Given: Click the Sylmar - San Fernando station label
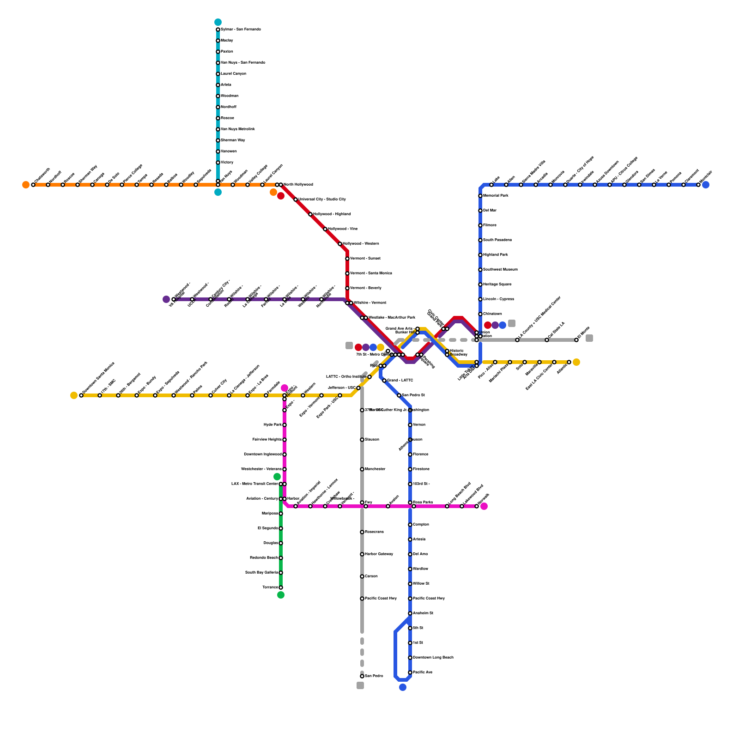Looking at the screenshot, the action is pyautogui.click(x=241, y=30).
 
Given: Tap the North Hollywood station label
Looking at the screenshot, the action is pyautogui.click(x=298, y=185).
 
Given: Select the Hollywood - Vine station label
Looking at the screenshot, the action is pyautogui.click(x=343, y=229).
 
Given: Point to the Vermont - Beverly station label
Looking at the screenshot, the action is pyautogui.click(x=366, y=288).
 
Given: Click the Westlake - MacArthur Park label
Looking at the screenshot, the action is pyautogui.click(x=392, y=318).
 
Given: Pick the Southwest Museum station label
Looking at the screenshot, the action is pyautogui.click(x=500, y=270).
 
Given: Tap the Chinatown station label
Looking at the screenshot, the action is pyautogui.click(x=492, y=314).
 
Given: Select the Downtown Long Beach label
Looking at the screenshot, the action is pyautogui.click(x=433, y=658).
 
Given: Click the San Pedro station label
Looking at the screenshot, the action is pyautogui.click(x=374, y=676).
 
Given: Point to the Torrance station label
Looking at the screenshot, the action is pyautogui.click(x=270, y=588).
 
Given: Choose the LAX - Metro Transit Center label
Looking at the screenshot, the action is pyautogui.click(x=254, y=484).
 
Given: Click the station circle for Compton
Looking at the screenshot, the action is pyautogui.click(x=410, y=525).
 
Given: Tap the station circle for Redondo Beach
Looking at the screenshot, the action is pyautogui.click(x=281, y=558).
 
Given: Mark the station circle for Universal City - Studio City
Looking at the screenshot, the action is pyautogui.click(x=296, y=200).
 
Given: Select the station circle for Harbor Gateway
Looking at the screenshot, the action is pyautogui.click(x=362, y=554).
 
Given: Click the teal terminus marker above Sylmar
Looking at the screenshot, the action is pyautogui.click(x=218, y=22).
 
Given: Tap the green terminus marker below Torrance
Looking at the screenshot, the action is pyautogui.click(x=281, y=595).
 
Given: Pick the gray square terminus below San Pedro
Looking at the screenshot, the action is pyautogui.click(x=360, y=685).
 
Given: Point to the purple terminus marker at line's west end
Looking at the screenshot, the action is pyautogui.click(x=166, y=299).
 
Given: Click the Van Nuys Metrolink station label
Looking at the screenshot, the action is pyautogui.click(x=237, y=129).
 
